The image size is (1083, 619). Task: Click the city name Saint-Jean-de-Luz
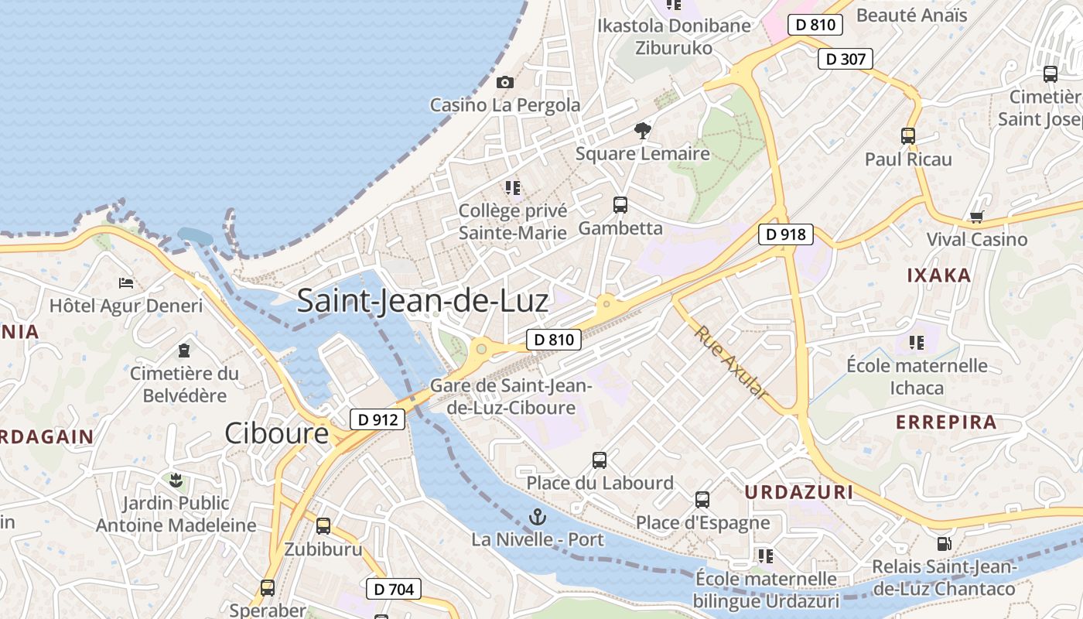click(x=422, y=300)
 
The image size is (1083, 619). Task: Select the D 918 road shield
click(x=786, y=234)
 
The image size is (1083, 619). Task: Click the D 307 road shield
click(x=846, y=59)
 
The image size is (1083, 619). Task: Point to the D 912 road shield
click(x=378, y=419)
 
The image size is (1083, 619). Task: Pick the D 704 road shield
click(x=393, y=589)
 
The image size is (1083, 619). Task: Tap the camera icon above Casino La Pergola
click(x=505, y=82)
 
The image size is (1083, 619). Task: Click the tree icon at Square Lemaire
click(x=642, y=131)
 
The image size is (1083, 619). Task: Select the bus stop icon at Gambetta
click(x=620, y=205)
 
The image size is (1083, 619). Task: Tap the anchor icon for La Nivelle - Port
click(x=537, y=516)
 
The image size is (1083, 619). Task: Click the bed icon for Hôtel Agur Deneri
click(x=126, y=283)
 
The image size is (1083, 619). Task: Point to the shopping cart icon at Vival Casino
click(x=976, y=217)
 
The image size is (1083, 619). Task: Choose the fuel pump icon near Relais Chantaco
click(x=944, y=545)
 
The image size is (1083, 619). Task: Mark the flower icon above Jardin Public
click(x=176, y=480)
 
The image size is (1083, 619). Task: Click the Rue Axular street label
click(x=731, y=362)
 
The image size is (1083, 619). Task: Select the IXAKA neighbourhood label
click(x=938, y=275)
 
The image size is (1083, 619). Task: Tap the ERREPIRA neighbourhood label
click(x=946, y=422)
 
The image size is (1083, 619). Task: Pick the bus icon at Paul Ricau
click(x=908, y=136)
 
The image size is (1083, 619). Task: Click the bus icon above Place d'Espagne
click(x=702, y=500)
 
